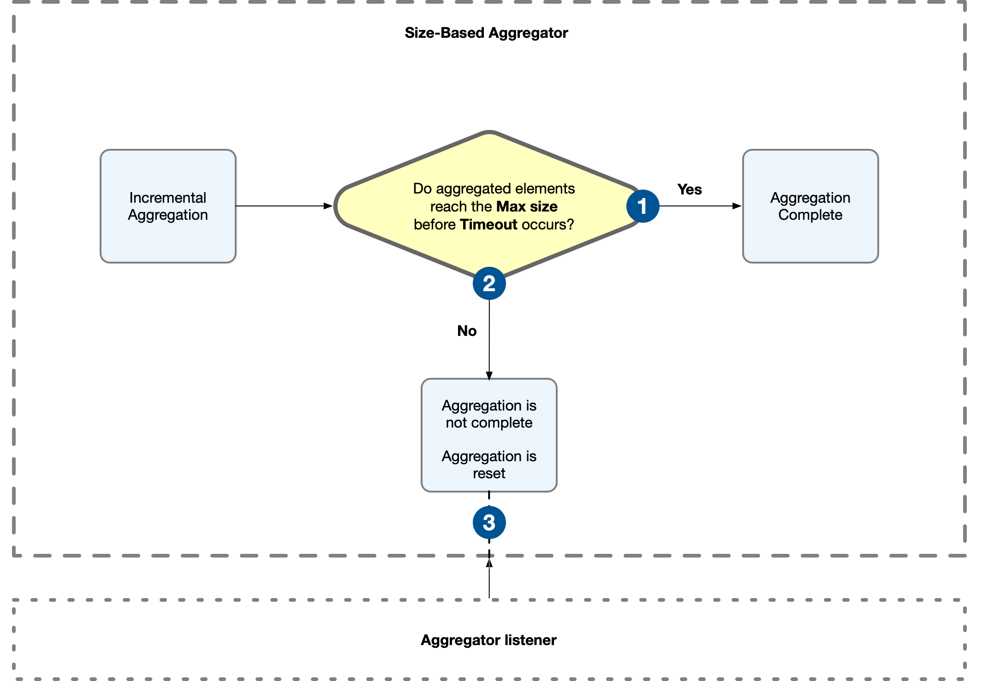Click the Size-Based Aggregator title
[x=486, y=33]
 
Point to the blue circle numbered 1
[x=643, y=206]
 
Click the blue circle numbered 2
[x=489, y=283]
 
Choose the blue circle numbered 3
[x=489, y=522]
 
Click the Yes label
[x=689, y=189]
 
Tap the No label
[x=466, y=331]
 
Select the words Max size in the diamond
[x=527, y=206]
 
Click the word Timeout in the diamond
[x=488, y=224]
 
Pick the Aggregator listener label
[x=488, y=640]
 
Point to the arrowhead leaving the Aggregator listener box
[x=489, y=563]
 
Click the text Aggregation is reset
[x=489, y=464]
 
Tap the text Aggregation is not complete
[x=489, y=414]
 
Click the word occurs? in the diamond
[x=548, y=224]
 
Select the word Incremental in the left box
[x=167, y=198]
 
